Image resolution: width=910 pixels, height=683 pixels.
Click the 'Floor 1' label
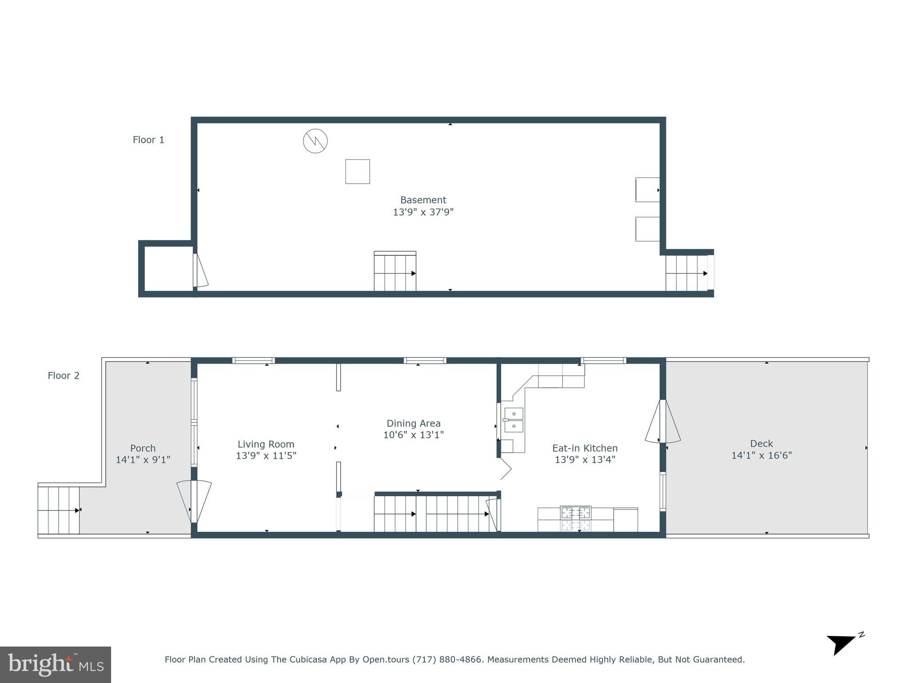(148, 140)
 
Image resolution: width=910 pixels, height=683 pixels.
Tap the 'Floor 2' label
(64, 376)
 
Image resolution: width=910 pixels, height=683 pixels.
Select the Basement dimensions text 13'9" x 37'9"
(423, 212)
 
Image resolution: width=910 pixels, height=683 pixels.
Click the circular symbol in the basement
(315, 141)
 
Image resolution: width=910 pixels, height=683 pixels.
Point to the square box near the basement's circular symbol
(358, 172)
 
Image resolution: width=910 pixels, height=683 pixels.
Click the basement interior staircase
(395, 272)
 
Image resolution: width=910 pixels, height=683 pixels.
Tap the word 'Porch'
(143, 448)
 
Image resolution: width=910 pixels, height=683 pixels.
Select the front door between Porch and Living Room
(194, 502)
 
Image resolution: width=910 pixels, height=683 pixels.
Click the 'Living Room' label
(266, 444)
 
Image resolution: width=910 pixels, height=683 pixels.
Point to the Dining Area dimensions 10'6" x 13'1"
(413, 435)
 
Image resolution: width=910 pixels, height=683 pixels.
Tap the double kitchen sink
(514, 420)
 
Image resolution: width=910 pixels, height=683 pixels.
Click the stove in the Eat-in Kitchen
(575, 518)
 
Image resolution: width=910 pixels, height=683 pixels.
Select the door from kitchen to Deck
(662, 421)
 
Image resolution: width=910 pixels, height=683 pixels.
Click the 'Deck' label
(762, 443)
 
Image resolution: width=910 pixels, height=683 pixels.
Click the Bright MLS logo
(56, 664)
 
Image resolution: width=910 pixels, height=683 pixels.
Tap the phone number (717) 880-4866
(447, 659)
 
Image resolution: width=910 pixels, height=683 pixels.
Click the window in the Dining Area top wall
(425, 361)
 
